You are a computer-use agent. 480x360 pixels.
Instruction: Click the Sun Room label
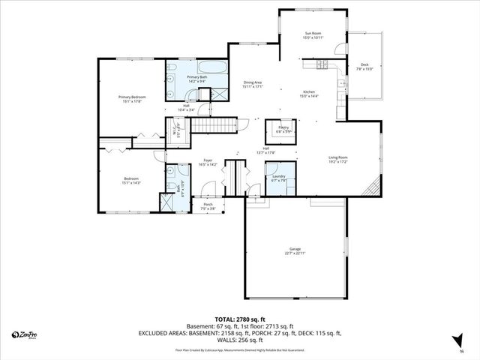click(x=312, y=35)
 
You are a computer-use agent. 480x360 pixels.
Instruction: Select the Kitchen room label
click(x=309, y=93)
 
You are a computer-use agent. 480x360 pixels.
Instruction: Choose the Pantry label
click(x=283, y=129)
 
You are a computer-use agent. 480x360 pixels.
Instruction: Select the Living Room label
click(x=337, y=159)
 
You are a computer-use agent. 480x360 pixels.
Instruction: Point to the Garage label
click(x=295, y=250)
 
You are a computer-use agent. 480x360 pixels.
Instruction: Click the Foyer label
click(x=208, y=163)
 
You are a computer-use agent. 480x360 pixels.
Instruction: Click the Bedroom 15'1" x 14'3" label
click(x=131, y=180)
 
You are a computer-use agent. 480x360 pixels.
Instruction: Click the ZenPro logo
click(x=25, y=334)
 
